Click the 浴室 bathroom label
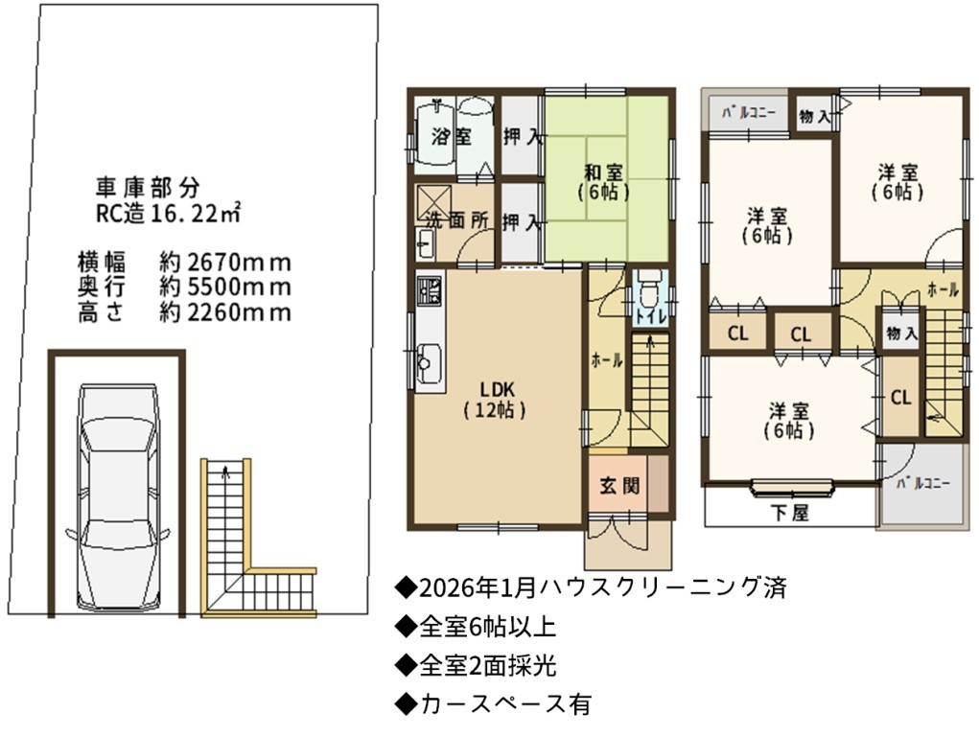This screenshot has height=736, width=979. [x=451, y=137]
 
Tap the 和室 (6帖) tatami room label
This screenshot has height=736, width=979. [x=603, y=182]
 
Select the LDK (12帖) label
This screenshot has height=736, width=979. [x=497, y=401]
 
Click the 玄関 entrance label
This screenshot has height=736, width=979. [x=620, y=486]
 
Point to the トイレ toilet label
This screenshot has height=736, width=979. [x=651, y=316]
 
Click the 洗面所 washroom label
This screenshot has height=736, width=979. [x=457, y=220]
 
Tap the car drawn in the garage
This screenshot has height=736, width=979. [x=117, y=498]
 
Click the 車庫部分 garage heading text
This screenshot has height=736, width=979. [x=148, y=186]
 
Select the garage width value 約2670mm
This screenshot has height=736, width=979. [x=225, y=263]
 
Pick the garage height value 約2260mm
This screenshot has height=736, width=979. [x=225, y=312]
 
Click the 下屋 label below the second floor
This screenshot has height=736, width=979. [x=789, y=513]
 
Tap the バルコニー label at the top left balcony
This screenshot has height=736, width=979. [x=749, y=114]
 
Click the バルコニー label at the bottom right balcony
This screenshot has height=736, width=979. [x=923, y=484]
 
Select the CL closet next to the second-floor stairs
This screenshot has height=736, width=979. [x=900, y=398]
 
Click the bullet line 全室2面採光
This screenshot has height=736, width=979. [x=476, y=666]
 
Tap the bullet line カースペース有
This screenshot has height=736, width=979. [x=493, y=704]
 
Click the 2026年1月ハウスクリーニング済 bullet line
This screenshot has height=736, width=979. [x=591, y=587]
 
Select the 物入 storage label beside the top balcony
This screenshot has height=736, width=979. [x=814, y=116]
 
